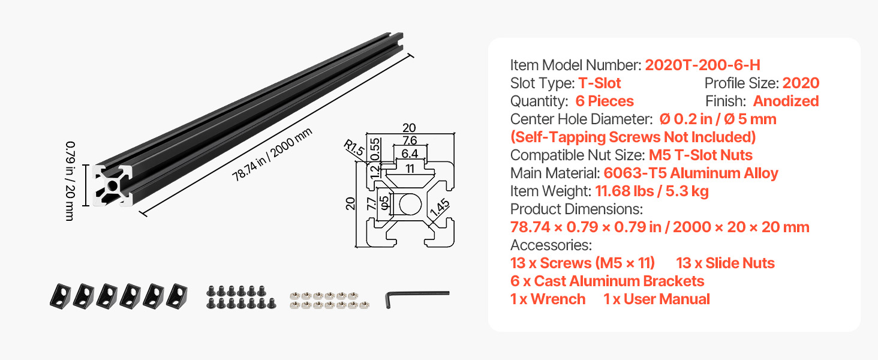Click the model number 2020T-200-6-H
pyautogui.click(x=702, y=65)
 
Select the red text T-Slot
pyautogui.click(x=599, y=83)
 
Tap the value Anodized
pyautogui.click(x=786, y=101)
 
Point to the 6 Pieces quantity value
pyautogui.click(x=605, y=101)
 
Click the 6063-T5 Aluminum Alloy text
pyautogui.click(x=691, y=173)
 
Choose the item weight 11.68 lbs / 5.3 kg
pyautogui.click(x=652, y=191)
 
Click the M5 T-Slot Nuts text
pyautogui.click(x=700, y=155)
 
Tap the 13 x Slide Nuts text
pyautogui.click(x=725, y=263)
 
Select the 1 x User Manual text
pyautogui.click(x=657, y=299)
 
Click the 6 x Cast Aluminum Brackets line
pyautogui.click(x=607, y=281)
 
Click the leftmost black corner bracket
pyautogui.click(x=61, y=296)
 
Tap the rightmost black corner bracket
pyautogui.click(x=177, y=296)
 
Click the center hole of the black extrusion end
pyautogui.click(x=113, y=185)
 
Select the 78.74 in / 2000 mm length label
pyautogui.click(x=272, y=155)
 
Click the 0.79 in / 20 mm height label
pyautogui.click(x=70, y=181)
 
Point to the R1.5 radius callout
pyautogui.click(x=354, y=148)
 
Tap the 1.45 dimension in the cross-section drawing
pyautogui.click(x=440, y=208)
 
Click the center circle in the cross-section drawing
pyautogui.click(x=410, y=205)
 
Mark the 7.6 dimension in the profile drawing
pyautogui.click(x=410, y=140)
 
